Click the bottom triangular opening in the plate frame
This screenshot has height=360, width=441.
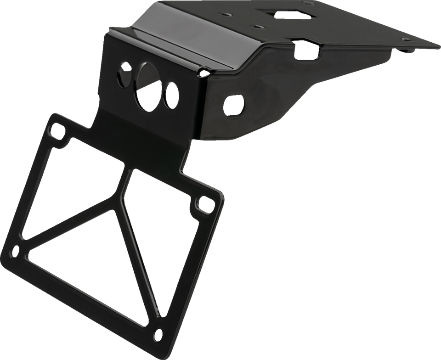96,271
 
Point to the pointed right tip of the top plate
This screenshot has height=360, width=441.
436,39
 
